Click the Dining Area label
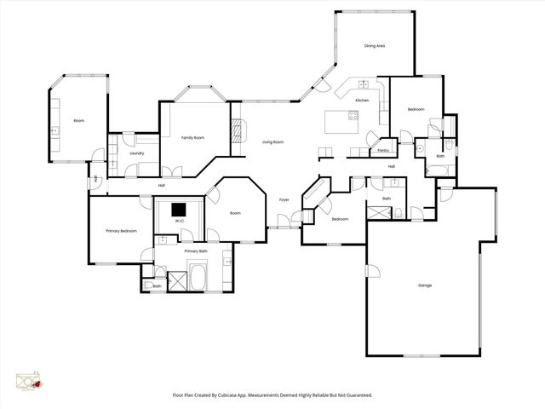coord(375,45)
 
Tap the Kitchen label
coord(362,101)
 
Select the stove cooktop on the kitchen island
coord(353,116)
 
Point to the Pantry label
coord(383,150)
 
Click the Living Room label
coord(272,141)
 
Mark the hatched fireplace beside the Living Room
coord(238,130)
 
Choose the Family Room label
coord(192,137)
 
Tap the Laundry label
coord(136,153)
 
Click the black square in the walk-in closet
coord(179,209)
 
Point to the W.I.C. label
coord(180,222)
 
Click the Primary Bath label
coord(196,251)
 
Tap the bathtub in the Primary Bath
coord(197,277)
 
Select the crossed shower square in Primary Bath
coord(177,281)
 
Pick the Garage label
coord(424,285)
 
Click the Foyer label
coord(284,199)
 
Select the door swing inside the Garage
coord(372,271)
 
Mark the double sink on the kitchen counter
coord(364,84)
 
